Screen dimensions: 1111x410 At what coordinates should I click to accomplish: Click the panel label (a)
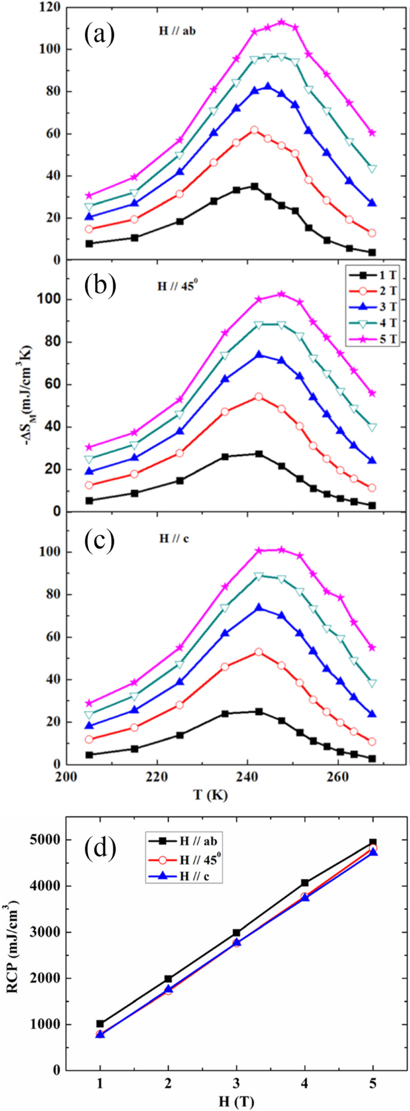point(98,35)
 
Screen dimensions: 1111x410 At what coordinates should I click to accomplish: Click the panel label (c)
point(98,539)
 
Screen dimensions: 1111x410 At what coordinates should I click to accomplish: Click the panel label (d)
point(99,850)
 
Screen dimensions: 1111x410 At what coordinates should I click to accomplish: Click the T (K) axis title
point(210,795)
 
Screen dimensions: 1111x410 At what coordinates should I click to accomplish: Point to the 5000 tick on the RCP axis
point(44,840)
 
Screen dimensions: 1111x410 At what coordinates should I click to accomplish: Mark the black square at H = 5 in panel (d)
point(373,843)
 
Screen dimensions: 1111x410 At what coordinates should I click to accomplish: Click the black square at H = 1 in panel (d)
point(100,1024)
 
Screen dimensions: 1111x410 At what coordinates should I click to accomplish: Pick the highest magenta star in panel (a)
point(281,22)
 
